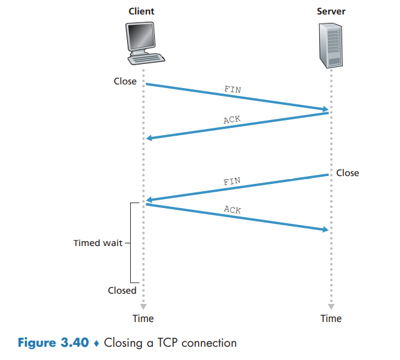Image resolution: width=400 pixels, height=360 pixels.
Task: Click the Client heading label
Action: (x=142, y=11)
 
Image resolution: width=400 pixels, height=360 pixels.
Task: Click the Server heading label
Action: (x=331, y=11)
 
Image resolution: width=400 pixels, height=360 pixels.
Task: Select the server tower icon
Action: (x=331, y=46)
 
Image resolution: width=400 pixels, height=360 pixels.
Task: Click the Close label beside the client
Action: (x=125, y=81)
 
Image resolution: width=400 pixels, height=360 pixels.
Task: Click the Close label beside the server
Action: (x=347, y=173)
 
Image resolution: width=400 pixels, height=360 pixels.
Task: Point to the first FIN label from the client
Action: (x=233, y=89)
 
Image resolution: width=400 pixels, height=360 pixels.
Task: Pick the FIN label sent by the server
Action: (x=232, y=181)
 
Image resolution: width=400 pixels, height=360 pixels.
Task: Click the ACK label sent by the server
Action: (x=232, y=119)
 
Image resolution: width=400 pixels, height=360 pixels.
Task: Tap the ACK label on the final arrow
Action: (x=233, y=210)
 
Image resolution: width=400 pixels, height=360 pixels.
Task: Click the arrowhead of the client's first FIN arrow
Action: (x=325, y=110)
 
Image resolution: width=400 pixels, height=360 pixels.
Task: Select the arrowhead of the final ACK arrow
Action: (x=325, y=230)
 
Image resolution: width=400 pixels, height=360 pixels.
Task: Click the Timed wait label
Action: (x=98, y=244)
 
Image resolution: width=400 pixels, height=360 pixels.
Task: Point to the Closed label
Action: (x=122, y=291)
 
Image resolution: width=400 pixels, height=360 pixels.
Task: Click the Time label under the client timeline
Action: (x=143, y=318)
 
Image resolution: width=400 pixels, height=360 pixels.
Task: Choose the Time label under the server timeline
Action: (x=331, y=318)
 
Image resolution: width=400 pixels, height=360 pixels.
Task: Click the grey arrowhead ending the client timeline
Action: (x=143, y=306)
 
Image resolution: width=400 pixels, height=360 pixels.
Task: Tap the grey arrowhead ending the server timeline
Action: (x=331, y=306)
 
